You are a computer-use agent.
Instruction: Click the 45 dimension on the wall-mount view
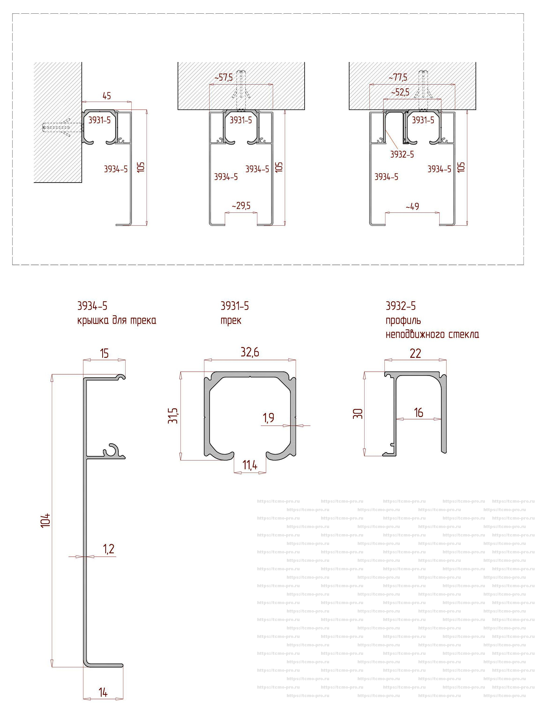pyautogui.click(x=107, y=96)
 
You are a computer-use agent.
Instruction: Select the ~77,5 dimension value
pyautogui.click(x=398, y=77)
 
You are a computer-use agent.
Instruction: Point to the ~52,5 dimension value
pyautogui.click(x=400, y=93)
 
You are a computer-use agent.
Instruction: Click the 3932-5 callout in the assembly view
pyautogui.click(x=402, y=154)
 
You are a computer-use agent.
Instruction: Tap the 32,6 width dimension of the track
pyautogui.click(x=250, y=352)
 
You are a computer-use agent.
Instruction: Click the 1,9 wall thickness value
pyautogui.click(x=269, y=418)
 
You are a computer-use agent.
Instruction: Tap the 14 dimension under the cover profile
pyautogui.click(x=103, y=692)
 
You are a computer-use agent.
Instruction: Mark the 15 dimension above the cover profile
pyautogui.click(x=104, y=354)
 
